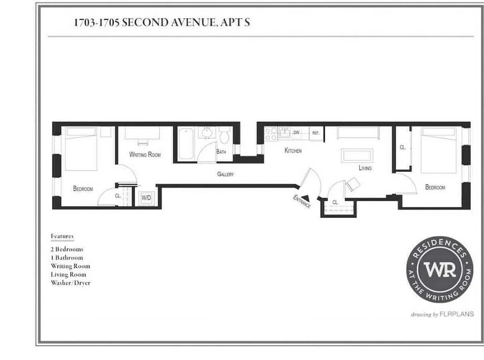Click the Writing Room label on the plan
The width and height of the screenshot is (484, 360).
coord(145,155)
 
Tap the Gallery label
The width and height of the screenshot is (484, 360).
coord(225,174)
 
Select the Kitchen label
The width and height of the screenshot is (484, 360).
coord(293,151)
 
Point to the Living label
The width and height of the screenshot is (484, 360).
coord(365,168)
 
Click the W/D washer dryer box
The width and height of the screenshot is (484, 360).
coord(146,198)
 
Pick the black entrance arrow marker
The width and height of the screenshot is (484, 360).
coord(306,197)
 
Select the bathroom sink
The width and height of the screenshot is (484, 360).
coord(207,134)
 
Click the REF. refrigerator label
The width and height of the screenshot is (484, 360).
coord(316,133)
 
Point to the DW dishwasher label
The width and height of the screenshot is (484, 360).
coord(296,133)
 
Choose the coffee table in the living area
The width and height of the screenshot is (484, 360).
coord(357,156)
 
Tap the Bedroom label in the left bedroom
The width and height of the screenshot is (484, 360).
coord(83,189)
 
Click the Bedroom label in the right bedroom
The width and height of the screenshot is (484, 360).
coord(435,187)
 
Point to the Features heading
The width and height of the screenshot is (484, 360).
coord(62,236)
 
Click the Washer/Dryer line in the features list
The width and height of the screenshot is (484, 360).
coord(70,283)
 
